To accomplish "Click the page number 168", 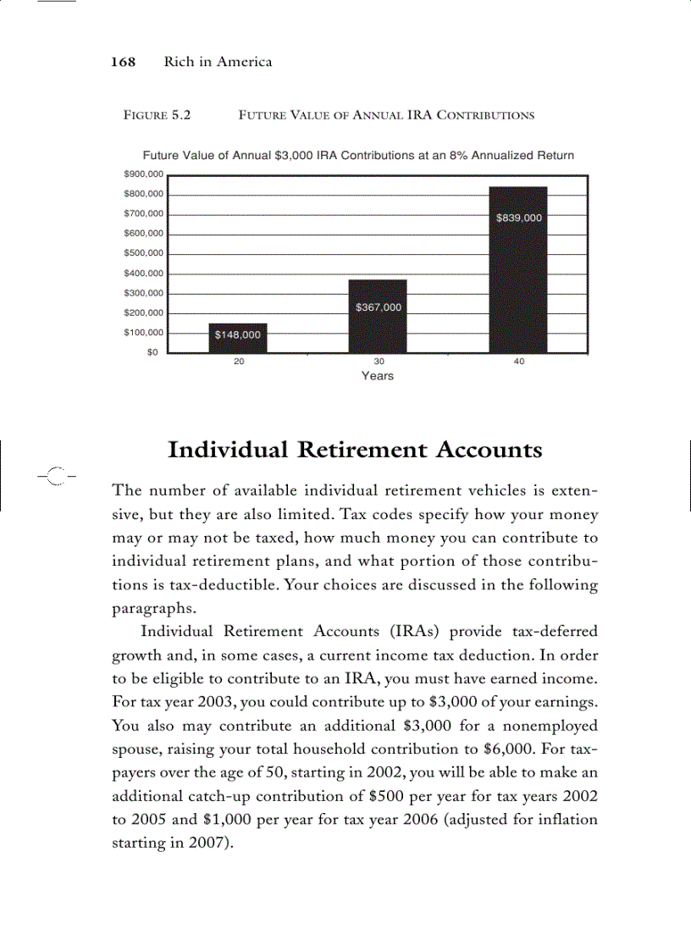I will coord(124,62).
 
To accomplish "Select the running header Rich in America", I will coord(218,62).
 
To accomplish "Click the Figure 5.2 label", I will coord(157,114).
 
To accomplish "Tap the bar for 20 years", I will coord(238,338).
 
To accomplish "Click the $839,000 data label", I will coord(518,218).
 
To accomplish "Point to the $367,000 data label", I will coord(378,307).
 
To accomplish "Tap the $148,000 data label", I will coord(238,335).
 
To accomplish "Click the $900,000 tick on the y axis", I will coord(143,174).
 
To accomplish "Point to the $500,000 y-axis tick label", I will coord(143,253).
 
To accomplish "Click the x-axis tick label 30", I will coord(379,362).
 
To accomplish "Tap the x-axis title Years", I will coord(378,376).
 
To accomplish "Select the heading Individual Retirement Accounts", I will coord(355,449).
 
